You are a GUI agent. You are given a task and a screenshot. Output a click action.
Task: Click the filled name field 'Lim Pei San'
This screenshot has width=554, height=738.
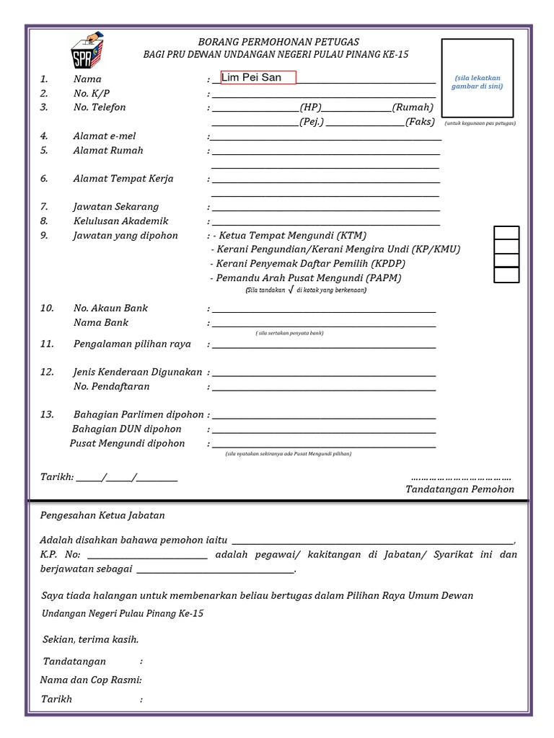pyautogui.click(x=258, y=78)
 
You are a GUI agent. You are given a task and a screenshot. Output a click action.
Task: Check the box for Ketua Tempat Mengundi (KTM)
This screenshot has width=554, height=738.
pyautogui.click(x=506, y=232)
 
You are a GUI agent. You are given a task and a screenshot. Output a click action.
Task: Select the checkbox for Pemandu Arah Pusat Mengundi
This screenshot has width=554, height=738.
pyautogui.click(x=506, y=275)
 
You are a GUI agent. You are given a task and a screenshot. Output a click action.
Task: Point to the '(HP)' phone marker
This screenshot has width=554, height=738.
pyautogui.click(x=311, y=107)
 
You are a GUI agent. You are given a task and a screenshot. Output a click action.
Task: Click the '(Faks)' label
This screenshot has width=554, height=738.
pyautogui.click(x=420, y=122)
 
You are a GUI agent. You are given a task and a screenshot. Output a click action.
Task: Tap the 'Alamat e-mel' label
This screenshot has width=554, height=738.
pyautogui.click(x=104, y=136)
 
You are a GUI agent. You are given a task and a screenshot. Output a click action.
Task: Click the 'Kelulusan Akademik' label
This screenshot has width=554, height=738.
pyautogui.click(x=120, y=221)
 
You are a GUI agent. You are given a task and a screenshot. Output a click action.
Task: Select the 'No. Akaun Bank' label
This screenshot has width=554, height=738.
pyautogui.click(x=110, y=308)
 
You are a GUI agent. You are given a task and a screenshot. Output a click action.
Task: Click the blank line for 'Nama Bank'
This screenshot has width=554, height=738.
pyautogui.click(x=324, y=325)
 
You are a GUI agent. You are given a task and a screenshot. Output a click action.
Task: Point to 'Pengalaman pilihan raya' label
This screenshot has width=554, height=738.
pyautogui.click(x=132, y=344)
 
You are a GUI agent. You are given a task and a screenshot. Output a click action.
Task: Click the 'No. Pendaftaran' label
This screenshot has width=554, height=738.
pyautogui.click(x=111, y=386)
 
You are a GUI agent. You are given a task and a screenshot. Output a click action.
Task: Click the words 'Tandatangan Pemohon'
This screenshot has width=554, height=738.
pyautogui.click(x=460, y=489)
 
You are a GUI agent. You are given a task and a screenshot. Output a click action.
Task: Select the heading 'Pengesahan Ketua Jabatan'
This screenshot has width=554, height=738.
pyautogui.click(x=102, y=515)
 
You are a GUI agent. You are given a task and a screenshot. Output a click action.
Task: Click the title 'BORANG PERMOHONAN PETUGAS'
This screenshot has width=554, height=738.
pyautogui.click(x=278, y=42)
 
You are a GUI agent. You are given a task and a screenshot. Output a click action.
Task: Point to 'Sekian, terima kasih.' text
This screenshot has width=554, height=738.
pyautogui.click(x=90, y=639)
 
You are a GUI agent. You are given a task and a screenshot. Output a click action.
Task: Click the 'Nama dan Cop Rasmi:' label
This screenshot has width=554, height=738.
pyautogui.click(x=91, y=680)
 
